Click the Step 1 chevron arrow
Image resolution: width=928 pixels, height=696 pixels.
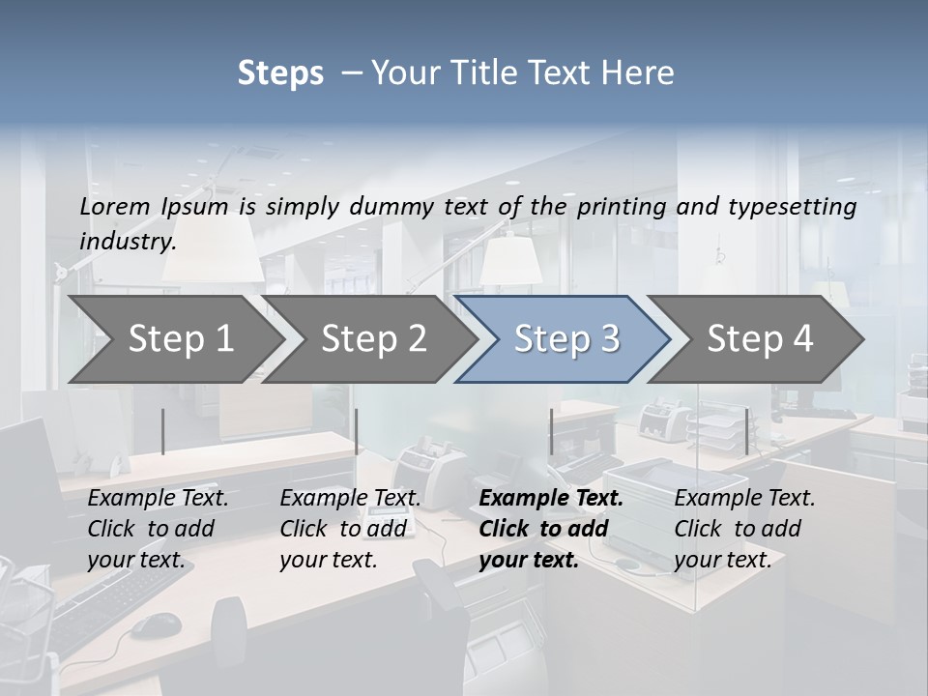click(174, 339)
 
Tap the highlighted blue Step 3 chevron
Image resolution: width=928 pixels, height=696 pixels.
click(566, 339)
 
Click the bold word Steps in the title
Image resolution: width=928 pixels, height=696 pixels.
click(280, 73)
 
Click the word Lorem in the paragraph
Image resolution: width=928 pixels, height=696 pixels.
click(115, 206)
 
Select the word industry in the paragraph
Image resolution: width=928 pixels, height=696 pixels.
click(128, 241)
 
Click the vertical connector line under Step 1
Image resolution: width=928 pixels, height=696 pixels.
click(163, 431)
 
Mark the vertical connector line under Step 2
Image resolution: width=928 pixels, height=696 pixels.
click(357, 431)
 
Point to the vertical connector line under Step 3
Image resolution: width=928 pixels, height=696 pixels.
click(551, 431)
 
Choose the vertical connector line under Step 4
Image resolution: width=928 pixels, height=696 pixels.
click(746, 431)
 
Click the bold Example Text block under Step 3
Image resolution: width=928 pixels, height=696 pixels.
click(551, 529)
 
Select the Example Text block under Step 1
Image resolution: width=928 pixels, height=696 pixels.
click(158, 529)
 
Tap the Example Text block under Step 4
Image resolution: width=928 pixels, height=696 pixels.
click(744, 529)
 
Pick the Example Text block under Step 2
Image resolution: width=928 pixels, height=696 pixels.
click(350, 529)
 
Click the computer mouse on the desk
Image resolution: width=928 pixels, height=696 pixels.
click(155, 625)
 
